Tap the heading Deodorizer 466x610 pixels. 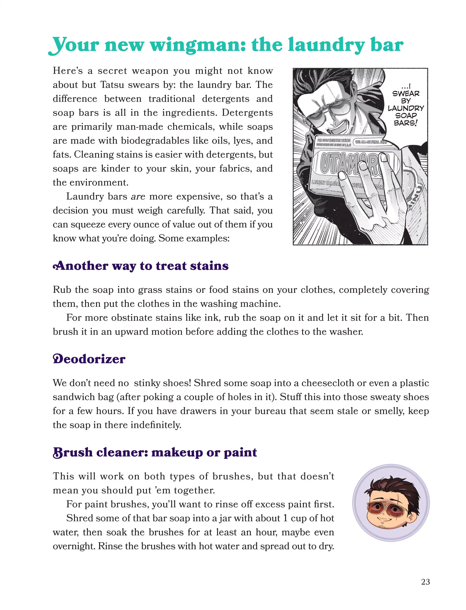89,359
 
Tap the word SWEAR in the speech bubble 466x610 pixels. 406,94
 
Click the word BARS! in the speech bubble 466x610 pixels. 406,123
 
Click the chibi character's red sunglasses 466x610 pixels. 387,508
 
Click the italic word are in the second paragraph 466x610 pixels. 138,197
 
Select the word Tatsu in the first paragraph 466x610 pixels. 112,85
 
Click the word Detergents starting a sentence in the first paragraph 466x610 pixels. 247,113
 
